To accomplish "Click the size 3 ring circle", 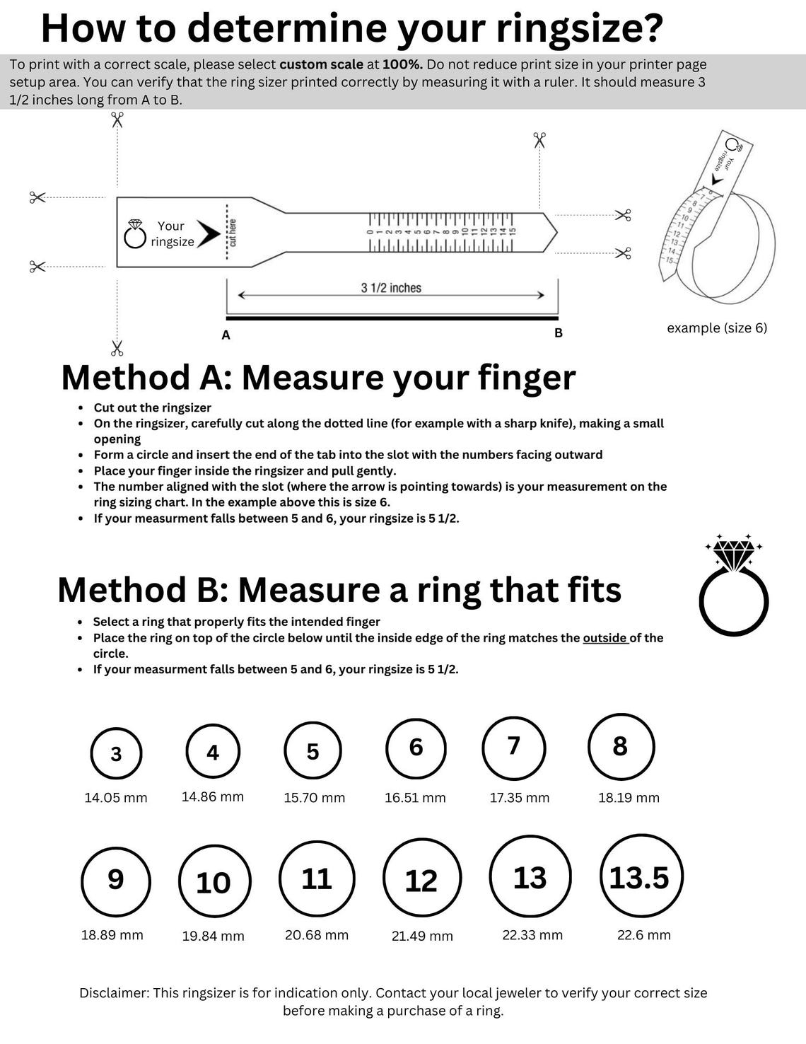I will [116, 753].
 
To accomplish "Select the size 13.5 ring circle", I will [638, 877].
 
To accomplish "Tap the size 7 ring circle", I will [514, 747].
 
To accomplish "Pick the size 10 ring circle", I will [214, 882].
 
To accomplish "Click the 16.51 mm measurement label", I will [415, 798].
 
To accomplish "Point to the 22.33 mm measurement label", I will [532, 935].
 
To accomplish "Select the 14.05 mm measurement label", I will [116, 798].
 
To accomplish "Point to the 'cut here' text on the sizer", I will [233, 233].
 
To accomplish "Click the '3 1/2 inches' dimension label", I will [391, 288].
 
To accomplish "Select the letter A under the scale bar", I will [226, 335].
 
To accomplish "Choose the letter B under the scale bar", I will [559, 333].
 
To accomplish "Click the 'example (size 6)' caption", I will [717, 328].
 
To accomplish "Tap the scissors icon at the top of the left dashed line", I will [117, 120].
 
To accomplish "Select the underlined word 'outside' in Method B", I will [605, 638].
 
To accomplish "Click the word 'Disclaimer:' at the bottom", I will [113, 993].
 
